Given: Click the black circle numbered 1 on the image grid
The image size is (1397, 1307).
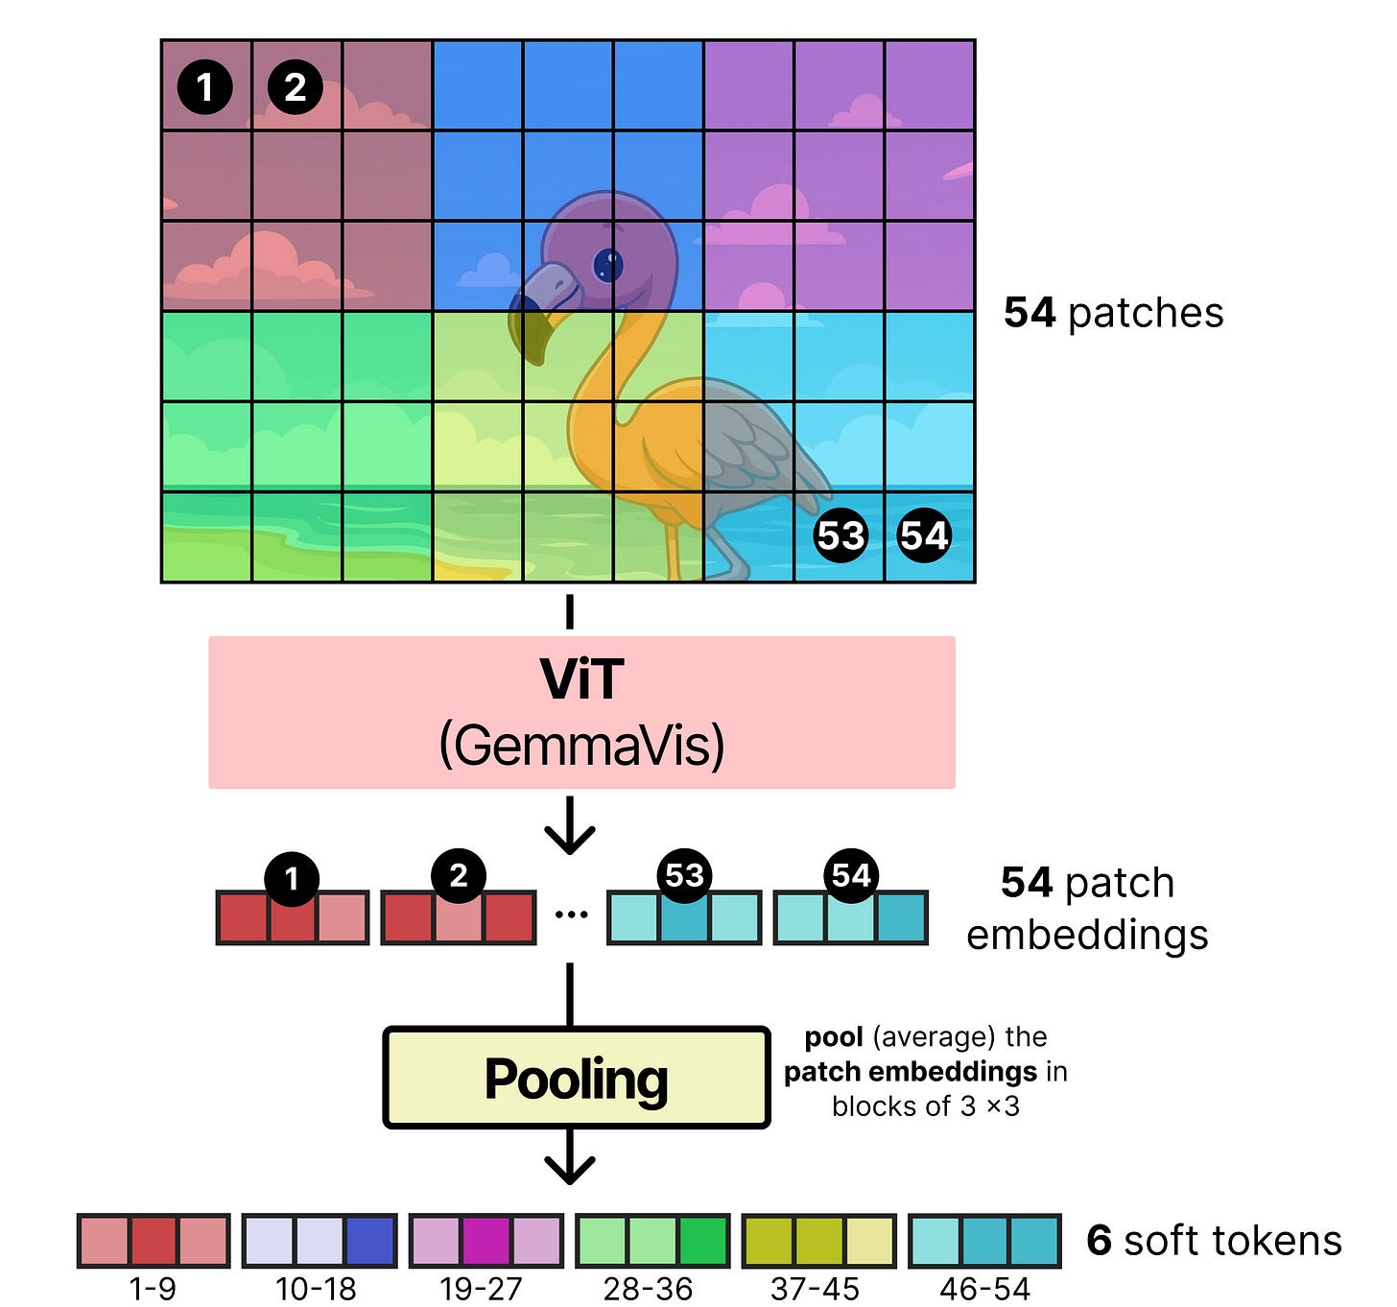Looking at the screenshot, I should click(x=204, y=87).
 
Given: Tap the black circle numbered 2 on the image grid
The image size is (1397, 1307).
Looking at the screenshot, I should click(x=295, y=87).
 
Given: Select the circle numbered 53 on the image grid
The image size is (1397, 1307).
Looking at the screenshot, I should click(x=841, y=535).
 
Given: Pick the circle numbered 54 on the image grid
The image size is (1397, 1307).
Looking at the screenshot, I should click(x=923, y=535).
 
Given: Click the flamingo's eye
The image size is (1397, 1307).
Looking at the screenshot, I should click(x=607, y=263).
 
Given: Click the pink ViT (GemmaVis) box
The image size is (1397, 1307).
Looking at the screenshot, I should click(x=581, y=712).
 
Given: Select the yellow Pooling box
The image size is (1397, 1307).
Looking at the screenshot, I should click(x=576, y=1078).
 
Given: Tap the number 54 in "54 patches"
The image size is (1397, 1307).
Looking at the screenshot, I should click(x=1030, y=313).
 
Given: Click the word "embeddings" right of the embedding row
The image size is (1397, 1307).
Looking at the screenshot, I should click(x=1087, y=934).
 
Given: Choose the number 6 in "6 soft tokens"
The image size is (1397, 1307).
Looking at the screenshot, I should click(x=1099, y=1240).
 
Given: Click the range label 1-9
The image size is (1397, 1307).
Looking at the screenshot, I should click(x=153, y=1289).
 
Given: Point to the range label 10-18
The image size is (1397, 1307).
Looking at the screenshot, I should click(x=316, y=1289).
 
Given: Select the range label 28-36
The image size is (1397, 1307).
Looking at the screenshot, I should click(x=648, y=1289).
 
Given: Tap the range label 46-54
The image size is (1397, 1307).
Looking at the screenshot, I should click(x=984, y=1289).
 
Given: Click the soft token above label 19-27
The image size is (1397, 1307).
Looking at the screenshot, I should click(x=485, y=1240).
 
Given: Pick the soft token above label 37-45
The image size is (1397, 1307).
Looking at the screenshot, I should click(x=819, y=1240).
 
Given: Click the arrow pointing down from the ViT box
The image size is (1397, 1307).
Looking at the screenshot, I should click(x=570, y=825).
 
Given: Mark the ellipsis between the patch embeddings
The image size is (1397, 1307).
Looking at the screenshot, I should click(x=571, y=915).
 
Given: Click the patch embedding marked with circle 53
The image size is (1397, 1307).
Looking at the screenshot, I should click(x=684, y=917).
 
